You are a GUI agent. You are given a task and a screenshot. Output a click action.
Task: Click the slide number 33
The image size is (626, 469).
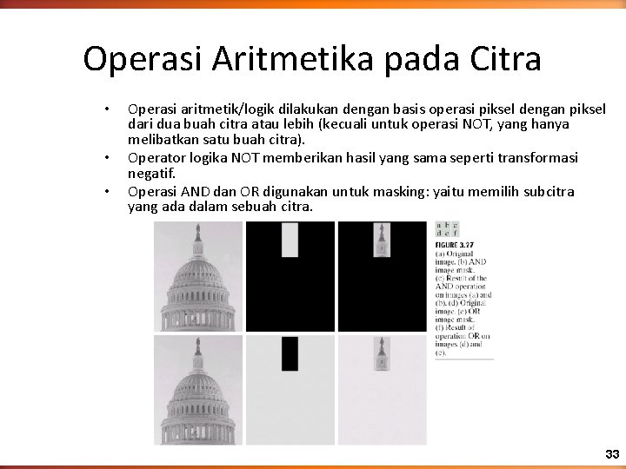(x=612, y=455)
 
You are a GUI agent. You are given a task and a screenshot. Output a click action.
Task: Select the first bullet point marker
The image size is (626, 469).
(x=106, y=109)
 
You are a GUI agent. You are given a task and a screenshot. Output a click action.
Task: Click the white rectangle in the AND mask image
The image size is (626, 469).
(x=290, y=240)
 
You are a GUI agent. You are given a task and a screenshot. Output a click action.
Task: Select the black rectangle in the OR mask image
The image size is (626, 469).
(x=290, y=353)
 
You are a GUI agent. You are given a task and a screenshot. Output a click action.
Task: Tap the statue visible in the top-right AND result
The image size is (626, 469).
(x=381, y=240)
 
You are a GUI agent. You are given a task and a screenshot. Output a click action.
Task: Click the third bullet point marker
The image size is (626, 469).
(x=106, y=191)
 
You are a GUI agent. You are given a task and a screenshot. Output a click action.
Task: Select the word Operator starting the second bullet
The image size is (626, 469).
(x=156, y=157)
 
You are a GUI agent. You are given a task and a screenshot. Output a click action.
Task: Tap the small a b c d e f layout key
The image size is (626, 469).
(x=447, y=228)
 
